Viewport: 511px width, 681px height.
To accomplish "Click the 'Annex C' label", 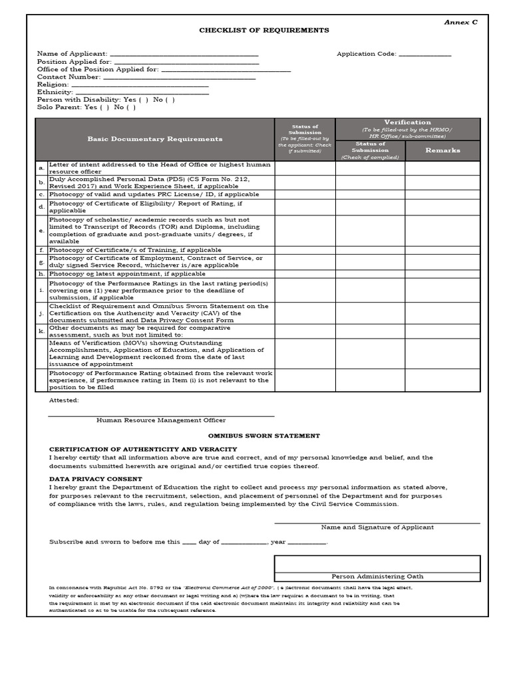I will [460, 22].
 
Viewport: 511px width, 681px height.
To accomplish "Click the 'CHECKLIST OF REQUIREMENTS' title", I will [264, 31].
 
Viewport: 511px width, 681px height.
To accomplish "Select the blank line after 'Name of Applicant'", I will [184, 54].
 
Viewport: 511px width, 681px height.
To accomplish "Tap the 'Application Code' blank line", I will [425, 54].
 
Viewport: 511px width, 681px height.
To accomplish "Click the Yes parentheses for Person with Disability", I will [143, 100].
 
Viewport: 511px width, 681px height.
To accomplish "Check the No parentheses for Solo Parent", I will [131, 107].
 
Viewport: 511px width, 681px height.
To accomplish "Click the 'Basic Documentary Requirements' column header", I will [155, 139].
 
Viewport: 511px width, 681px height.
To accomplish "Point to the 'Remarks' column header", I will [442, 150].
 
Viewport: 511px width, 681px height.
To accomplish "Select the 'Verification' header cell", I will [407, 122].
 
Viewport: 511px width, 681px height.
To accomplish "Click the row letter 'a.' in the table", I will [41, 168].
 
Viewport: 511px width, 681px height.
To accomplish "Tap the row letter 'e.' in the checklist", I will [41, 231].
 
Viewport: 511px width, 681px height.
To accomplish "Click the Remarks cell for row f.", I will [442, 250].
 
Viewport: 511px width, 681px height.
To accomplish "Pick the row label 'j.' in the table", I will [41, 313].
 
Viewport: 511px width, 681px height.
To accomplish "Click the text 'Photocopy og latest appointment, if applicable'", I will [127, 274].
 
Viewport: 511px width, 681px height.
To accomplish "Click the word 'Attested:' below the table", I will [64, 400].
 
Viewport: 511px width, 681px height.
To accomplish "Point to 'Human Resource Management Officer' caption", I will [161, 420].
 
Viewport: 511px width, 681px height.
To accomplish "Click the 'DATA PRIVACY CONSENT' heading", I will [96, 479].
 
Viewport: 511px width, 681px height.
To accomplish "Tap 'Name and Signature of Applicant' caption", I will [377, 527].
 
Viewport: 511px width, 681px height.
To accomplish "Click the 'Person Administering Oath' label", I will [377, 577].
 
